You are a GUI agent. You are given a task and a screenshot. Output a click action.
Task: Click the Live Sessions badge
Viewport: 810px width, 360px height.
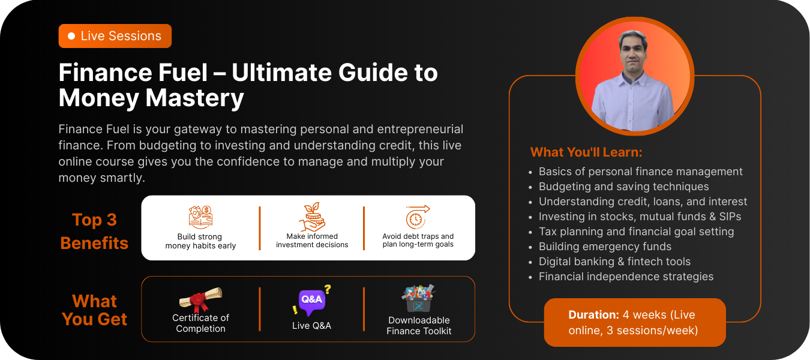[x=115, y=36]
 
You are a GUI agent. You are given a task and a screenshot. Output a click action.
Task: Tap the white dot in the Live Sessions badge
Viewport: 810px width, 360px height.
[x=71, y=36]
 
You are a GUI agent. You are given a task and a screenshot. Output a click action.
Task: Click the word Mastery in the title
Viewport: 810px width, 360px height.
[x=194, y=98]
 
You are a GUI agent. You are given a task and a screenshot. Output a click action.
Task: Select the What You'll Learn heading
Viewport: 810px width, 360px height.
[x=586, y=152]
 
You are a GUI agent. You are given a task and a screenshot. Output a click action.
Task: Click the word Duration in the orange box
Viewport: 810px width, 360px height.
[x=594, y=315]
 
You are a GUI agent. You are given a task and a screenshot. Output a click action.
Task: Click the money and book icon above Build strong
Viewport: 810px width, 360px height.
[x=200, y=217]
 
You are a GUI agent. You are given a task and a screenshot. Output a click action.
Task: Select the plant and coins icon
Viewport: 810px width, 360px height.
[x=312, y=217]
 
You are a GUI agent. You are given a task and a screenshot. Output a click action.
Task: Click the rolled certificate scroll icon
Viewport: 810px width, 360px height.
[x=200, y=299]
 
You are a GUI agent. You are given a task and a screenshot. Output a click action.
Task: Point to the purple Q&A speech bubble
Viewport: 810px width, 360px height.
[x=312, y=301]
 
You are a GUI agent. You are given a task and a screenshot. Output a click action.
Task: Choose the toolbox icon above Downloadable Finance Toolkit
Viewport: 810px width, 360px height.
[x=418, y=299]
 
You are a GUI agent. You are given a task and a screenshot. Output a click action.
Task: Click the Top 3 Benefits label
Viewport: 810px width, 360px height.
[x=94, y=232]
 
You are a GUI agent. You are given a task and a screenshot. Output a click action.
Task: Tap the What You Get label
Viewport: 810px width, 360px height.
[x=94, y=310]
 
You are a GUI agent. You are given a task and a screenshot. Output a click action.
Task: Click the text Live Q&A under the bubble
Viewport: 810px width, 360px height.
[x=312, y=326]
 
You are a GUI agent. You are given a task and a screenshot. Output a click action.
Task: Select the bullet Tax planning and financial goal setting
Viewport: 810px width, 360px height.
[x=636, y=232]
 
